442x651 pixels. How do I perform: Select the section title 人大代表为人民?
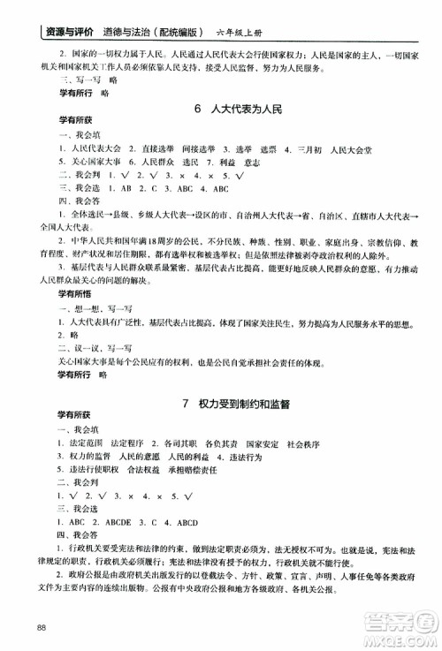click(x=243, y=110)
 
